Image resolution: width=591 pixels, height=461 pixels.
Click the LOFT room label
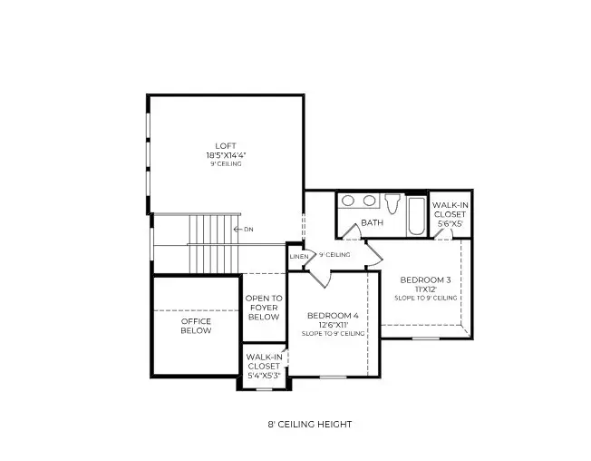pyautogui.click(x=225, y=145)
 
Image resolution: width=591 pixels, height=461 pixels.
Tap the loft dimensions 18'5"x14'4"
pyautogui.click(x=225, y=155)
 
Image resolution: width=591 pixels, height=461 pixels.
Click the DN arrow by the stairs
pyautogui.click(x=244, y=230)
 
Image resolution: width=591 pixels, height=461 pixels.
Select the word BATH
pyautogui.click(x=372, y=222)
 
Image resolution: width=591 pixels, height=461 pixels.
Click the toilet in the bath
pyautogui.click(x=392, y=203)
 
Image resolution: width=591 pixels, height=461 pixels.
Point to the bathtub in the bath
pyautogui.click(x=415, y=214)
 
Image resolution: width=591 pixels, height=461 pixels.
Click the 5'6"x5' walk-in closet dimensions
pyautogui.click(x=450, y=223)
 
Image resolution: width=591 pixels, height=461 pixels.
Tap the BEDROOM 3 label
pyautogui.click(x=425, y=280)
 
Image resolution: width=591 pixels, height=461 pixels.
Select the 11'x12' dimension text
pyautogui.click(x=425, y=289)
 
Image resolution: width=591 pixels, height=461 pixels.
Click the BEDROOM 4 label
pyautogui.click(x=333, y=315)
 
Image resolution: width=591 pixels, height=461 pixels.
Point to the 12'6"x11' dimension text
pyautogui.click(x=333, y=324)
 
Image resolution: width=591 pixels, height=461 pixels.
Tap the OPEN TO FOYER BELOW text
pyautogui.click(x=264, y=308)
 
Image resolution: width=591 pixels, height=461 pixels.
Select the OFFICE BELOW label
pyautogui.click(x=196, y=326)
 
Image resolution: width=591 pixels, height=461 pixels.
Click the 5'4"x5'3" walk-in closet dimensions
pyautogui.click(x=265, y=375)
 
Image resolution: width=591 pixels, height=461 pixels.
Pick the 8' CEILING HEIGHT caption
pyautogui.click(x=304, y=424)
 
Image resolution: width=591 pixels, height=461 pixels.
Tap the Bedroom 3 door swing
pyautogui.click(x=444, y=234)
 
